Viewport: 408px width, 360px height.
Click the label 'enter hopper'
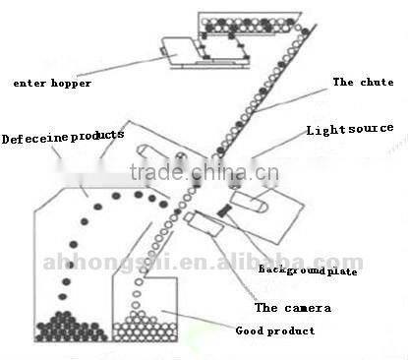point(52,83)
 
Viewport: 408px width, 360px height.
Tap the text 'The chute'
point(358,82)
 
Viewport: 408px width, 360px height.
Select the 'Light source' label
point(349,129)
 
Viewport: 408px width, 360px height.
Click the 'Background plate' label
point(308,268)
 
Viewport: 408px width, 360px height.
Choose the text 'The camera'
point(293,308)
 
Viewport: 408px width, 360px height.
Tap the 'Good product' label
point(275,331)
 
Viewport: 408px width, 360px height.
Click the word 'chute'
point(368,82)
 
